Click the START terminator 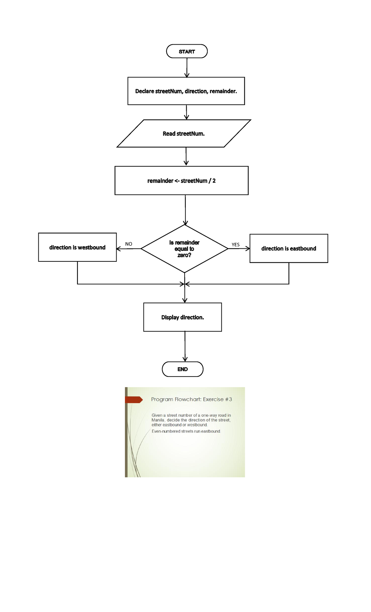[187, 51]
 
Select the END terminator [182, 369]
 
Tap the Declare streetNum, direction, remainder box [186, 91]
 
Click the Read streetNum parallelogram [184, 133]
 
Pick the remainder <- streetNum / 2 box [181, 181]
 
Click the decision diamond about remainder [184, 248]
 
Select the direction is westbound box [77, 247]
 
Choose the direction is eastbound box [288, 248]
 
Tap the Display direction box [182, 317]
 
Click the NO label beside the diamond [129, 244]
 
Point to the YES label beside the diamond [236, 245]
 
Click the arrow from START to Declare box [187, 68]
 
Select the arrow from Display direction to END [185, 346]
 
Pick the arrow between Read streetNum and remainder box [186, 156]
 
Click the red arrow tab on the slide [134, 400]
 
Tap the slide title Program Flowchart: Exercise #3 [191, 399]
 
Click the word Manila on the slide [158, 420]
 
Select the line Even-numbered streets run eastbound [186, 431]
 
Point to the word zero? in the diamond [184, 255]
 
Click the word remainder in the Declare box [223, 91]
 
